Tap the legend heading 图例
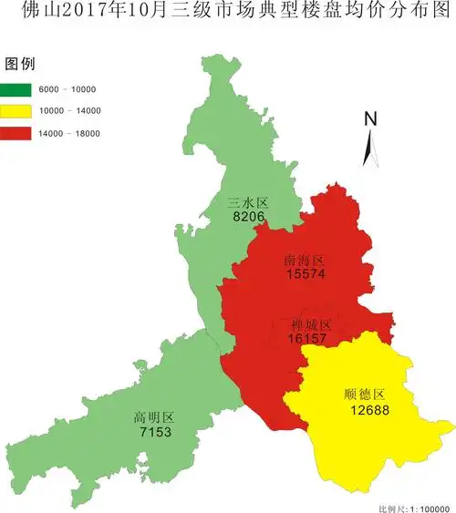pyautogui.click(x=20, y=65)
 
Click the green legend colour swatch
pyautogui.click(x=17, y=89)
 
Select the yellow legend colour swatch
pyautogui.click(x=17, y=111)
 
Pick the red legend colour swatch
pyautogui.click(x=17, y=133)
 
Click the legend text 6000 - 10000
pyautogui.click(x=67, y=89)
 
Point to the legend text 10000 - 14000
pyautogui.click(x=69, y=111)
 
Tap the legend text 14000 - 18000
pyautogui.click(x=69, y=133)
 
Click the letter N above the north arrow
pyautogui.click(x=370, y=118)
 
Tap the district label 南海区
pyautogui.click(x=305, y=260)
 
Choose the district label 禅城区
pyautogui.click(x=310, y=324)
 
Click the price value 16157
pyautogui.click(x=307, y=338)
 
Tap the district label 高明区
pyautogui.click(x=153, y=418)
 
